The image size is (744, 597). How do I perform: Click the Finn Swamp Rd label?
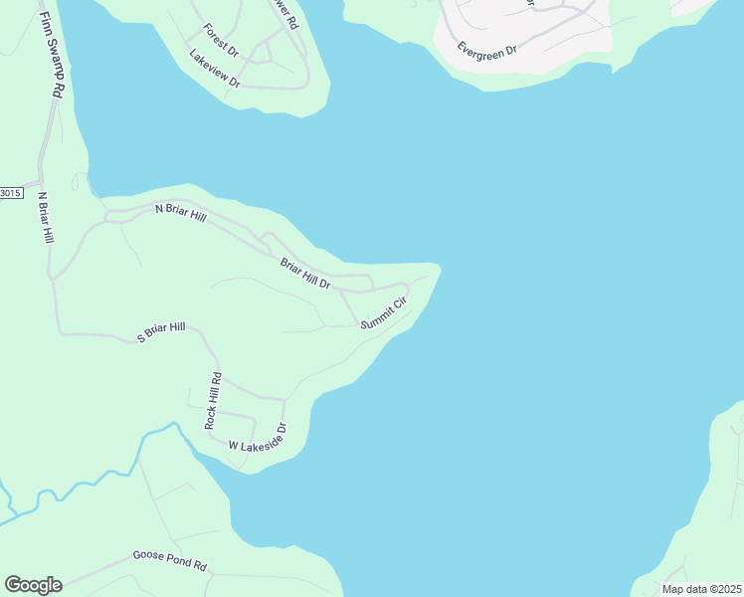click(x=51, y=55)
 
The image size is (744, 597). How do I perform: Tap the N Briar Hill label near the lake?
click(x=180, y=212)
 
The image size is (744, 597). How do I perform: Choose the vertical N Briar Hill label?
click(x=45, y=218)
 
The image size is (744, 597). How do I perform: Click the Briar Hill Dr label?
click(x=304, y=275)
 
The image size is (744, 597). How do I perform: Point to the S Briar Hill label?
click(x=161, y=332)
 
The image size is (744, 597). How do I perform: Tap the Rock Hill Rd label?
click(x=213, y=401)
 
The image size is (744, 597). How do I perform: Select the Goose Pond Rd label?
click(x=169, y=560)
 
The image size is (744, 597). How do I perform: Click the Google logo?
click(x=33, y=585)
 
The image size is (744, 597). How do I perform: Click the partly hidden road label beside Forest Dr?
click(x=288, y=15)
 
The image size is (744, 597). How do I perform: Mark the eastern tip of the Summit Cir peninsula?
click(x=439, y=267)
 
